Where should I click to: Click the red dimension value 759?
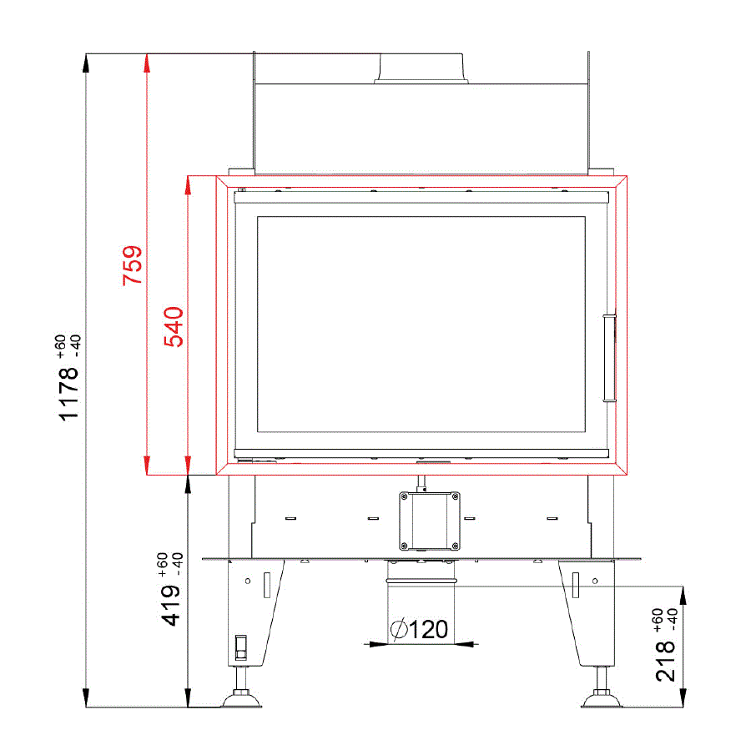(132, 265)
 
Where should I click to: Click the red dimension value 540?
(174, 326)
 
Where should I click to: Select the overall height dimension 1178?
(68, 394)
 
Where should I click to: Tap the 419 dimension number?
(170, 606)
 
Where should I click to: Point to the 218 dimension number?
(665, 661)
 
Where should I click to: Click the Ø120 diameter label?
(419, 629)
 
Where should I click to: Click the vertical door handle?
(610, 358)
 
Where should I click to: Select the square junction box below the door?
(429, 521)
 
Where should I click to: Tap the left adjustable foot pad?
(241, 700)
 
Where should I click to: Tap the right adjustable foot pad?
(602, 700)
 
